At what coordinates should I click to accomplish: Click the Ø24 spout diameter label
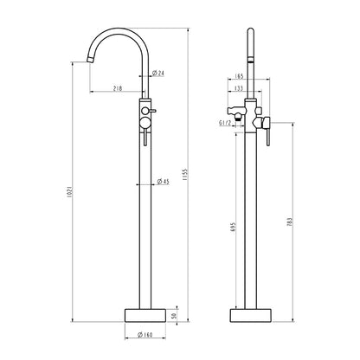[157, 73]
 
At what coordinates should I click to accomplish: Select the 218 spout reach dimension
[118, 88]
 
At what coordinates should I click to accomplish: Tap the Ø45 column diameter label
[164, 182]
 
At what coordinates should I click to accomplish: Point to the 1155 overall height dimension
[185, 175]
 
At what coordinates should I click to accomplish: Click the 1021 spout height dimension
[69, 191]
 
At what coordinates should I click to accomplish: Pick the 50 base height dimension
[174, 315]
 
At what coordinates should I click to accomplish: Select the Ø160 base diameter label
[145, 335]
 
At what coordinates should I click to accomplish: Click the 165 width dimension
[239, 76]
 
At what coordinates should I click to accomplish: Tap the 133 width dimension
[239, 88]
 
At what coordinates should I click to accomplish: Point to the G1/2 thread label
[225, 123]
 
